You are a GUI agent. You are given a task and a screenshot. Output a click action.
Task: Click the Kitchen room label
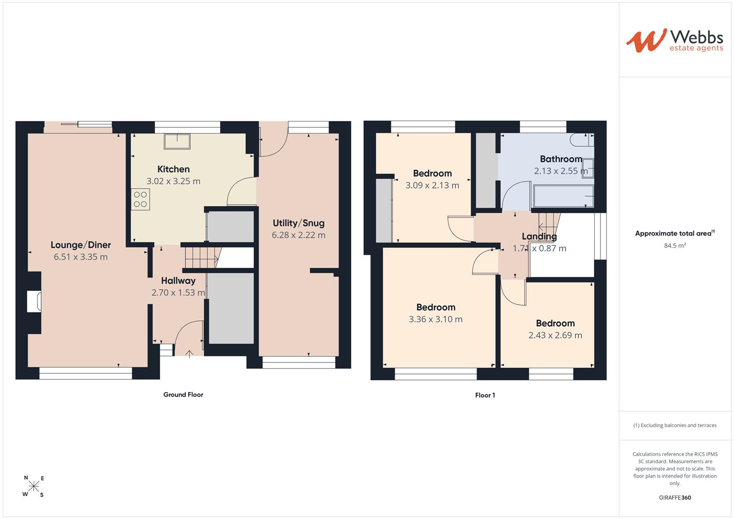174,169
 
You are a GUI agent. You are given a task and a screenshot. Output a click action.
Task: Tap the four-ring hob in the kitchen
140,199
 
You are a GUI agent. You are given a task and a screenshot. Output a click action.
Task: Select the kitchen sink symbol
177,141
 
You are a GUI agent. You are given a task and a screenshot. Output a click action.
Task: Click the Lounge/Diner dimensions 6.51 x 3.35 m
81,257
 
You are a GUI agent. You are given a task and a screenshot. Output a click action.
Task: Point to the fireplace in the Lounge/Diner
34,301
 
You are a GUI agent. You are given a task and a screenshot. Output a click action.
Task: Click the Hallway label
178,281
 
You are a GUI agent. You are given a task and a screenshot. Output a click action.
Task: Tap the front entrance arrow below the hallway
189,354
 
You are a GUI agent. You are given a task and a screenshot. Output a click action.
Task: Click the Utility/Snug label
299,223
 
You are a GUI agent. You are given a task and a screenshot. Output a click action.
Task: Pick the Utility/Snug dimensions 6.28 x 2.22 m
299,235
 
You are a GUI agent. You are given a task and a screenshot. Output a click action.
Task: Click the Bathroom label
561,159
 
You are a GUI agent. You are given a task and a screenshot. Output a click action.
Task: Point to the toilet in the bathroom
582,140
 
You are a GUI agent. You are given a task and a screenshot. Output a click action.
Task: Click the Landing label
539,236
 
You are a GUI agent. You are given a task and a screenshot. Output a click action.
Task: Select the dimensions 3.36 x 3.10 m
435,319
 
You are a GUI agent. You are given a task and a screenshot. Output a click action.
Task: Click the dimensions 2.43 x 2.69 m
555,335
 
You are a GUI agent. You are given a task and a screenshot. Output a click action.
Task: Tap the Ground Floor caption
183,395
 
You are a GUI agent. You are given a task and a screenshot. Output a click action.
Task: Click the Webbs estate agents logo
675,41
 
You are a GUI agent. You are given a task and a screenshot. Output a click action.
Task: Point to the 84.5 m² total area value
675,245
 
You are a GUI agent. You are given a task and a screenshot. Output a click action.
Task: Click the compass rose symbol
34,486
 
